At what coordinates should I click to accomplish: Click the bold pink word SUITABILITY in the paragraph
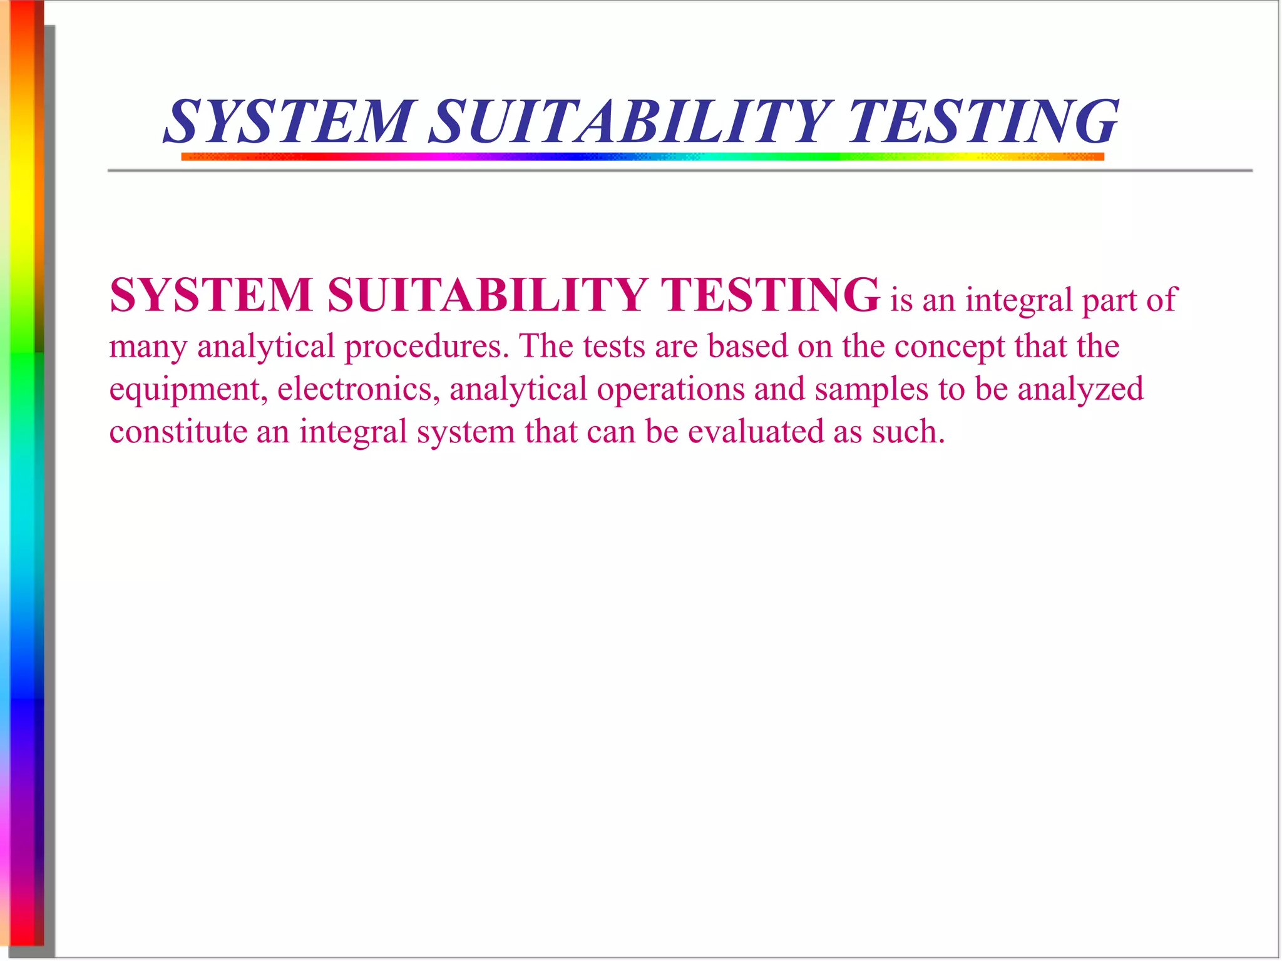(x=487, y=295)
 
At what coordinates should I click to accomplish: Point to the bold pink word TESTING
(x=770, y=295)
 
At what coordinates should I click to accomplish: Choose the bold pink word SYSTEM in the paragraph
(x=211, y=295)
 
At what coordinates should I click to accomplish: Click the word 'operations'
(x=670, y=389)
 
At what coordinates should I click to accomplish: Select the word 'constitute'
(x=178, y=432)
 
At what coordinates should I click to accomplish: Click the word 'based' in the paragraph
(x=747, y=346)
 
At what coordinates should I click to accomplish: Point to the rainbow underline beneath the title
(x=642, y=156)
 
